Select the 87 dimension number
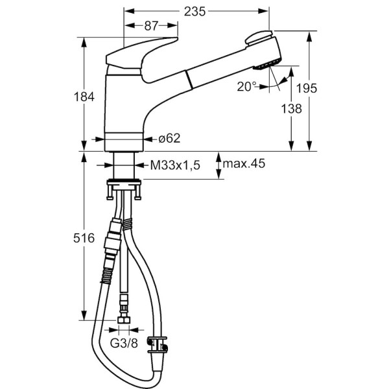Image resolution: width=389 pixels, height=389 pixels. pos(150,26)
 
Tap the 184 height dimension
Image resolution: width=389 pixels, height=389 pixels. pos(84,97)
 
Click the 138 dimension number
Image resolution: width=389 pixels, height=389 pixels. pos(292,109)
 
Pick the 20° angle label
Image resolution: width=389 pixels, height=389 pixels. pos(247,86)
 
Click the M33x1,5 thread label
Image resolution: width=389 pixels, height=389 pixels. pos(175,165)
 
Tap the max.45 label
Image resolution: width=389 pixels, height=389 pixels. pos(244,164)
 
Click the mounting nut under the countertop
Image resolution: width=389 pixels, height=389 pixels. pos(124,183)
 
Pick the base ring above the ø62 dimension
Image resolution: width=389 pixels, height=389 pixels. pos(124,137)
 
